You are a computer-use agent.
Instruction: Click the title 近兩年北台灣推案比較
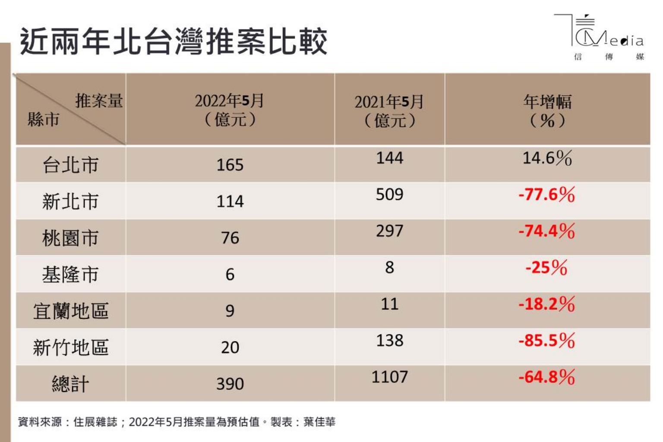pyautogui.click(x=174, y=42)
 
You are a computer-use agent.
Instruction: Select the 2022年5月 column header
pyautogui.click(x=230, y=110)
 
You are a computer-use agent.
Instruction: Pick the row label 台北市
pyautogui.click(x=70, y=165)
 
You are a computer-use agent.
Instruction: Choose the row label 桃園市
pyautogui.click(x=70, y=238)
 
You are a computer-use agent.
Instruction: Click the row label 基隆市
pyautogui.click(x=70, y=275)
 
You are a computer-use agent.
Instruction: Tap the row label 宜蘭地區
pyautogui.click(x=70, y=311)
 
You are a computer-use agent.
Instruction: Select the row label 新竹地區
pyautogui.click(x=70, y=347)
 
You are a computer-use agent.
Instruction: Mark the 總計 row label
pyautogui.click(x=70, y=384)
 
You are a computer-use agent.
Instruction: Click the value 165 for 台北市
pyautogui.click(x=230, y=165)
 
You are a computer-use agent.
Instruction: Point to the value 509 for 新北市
pyautogui.click(x=389, y=195)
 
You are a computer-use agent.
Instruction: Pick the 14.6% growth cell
pyautogui.click(x=547, y=158)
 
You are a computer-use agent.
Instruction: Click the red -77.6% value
pyautogui.click(x=547, y=195)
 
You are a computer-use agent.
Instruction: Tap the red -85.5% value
pyautogui.click(x=547, y=341)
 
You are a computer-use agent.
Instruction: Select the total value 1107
pyautogui.click(x=389, y=377)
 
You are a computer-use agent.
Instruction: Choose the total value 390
pyautogui.click(x=230, y=384)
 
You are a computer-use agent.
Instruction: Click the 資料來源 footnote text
pyautogui.click(x=177, y=422)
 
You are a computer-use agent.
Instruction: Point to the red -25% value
pyautogui.click(x=546, y=268)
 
